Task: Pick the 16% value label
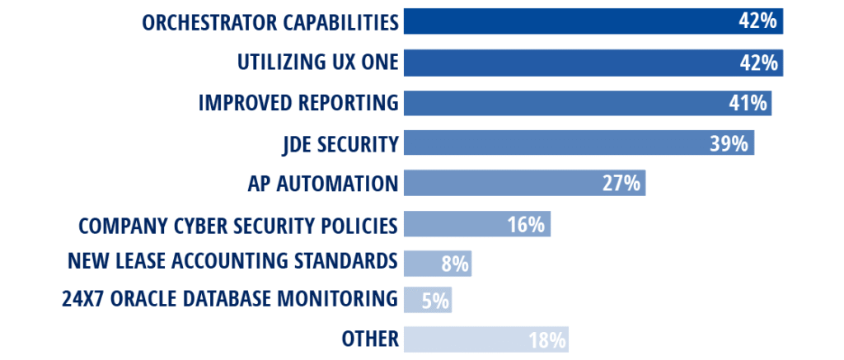tap(526, 224)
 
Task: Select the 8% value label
tap(454, 264)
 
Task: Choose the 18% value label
tap(546, 339)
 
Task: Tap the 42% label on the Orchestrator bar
tap(758, 22)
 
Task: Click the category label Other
tap(369, 339)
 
